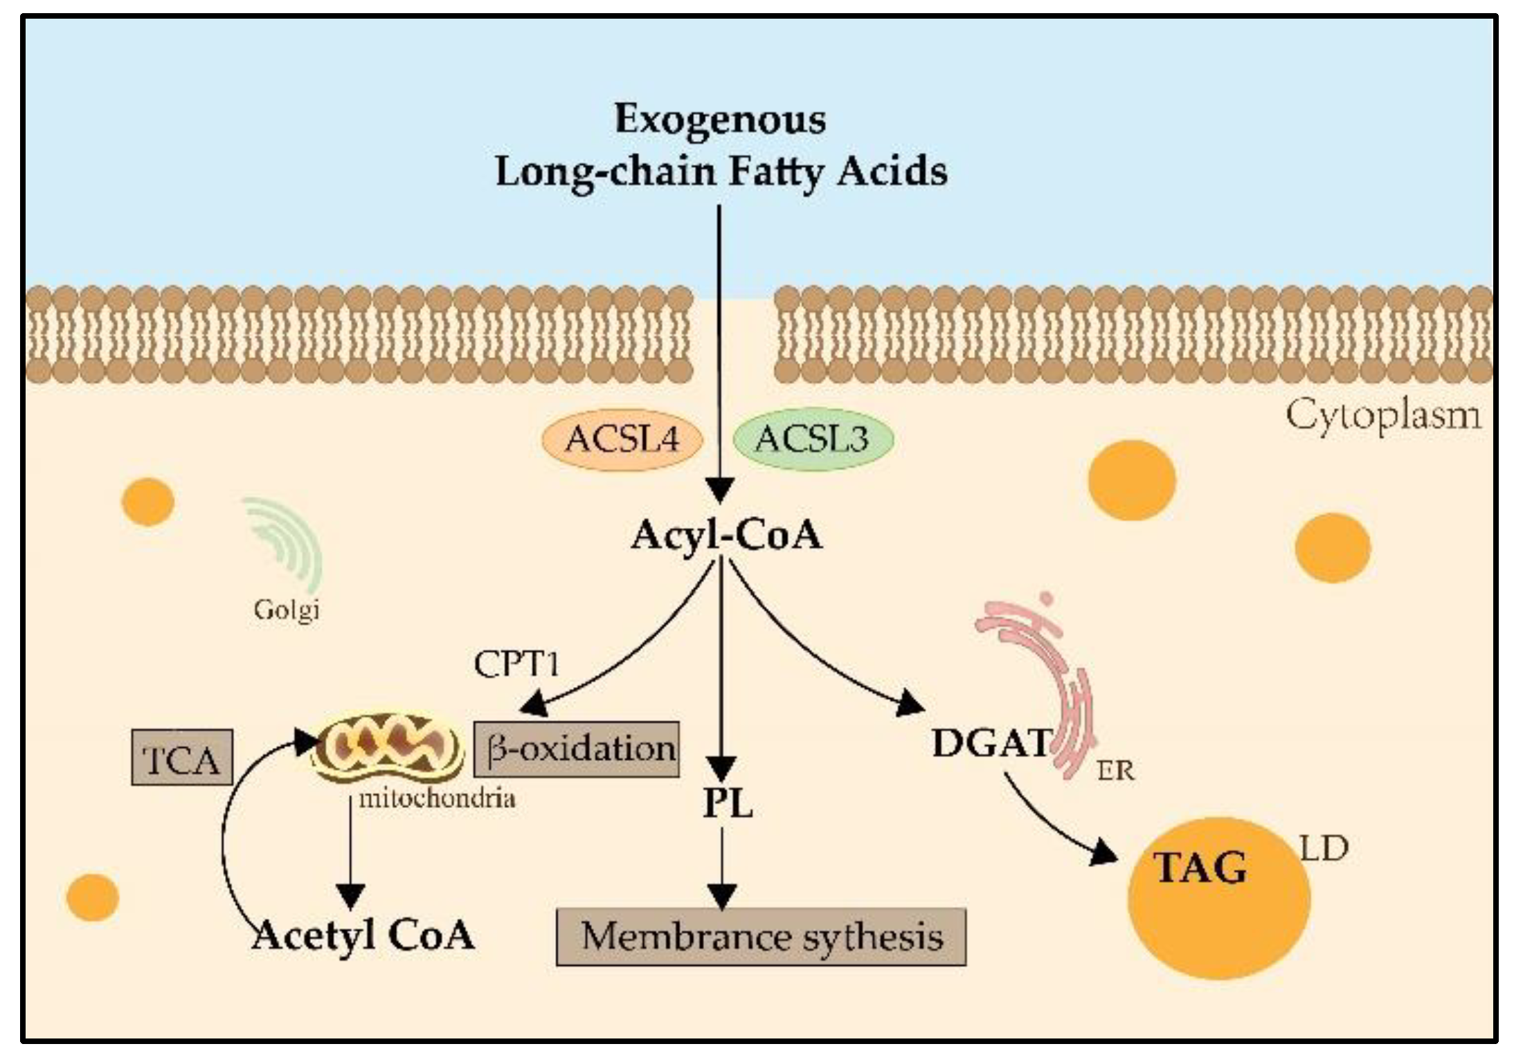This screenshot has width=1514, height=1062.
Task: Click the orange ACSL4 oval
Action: pyautogui.click(x=621, y=439)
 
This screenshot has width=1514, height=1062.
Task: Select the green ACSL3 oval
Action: pyautogui.click(x=811, y=439)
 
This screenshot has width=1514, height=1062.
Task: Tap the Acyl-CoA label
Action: pyautogui.click(x=726, y=535)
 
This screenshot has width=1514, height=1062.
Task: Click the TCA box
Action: pyautogui.click(x=182, y=758)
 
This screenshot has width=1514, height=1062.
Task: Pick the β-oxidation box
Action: pyautogui.click(x=576, y=749)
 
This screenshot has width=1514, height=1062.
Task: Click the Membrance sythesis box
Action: pyautogui.click(x=761, y=937)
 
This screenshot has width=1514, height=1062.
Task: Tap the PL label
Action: pyautogui.click(x=727, y=804)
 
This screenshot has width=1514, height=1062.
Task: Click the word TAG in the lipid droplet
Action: pyautogui.click(x=1199, y=868)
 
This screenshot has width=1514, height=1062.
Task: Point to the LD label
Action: pyautogui.click(x=1324, y=849)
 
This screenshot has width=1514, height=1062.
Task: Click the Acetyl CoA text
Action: pyautogui.click(x=363, y=935)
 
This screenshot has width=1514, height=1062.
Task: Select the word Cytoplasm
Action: pyautogui.click(x=1383, y=416)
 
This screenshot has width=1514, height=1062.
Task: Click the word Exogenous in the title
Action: pyautogui.click(x=720, y=119)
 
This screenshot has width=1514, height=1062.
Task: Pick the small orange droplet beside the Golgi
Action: pyautogui.click(x=147, y=502)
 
